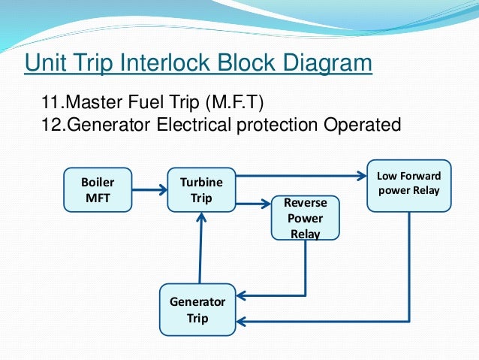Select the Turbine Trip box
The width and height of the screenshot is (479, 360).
[200, 189]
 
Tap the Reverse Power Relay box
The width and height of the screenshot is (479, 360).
[305, 218]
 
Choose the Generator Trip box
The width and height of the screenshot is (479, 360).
[197, 309]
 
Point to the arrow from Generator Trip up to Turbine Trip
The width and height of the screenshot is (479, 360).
[200, 248]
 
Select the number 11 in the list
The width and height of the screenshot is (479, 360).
[49, 101]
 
